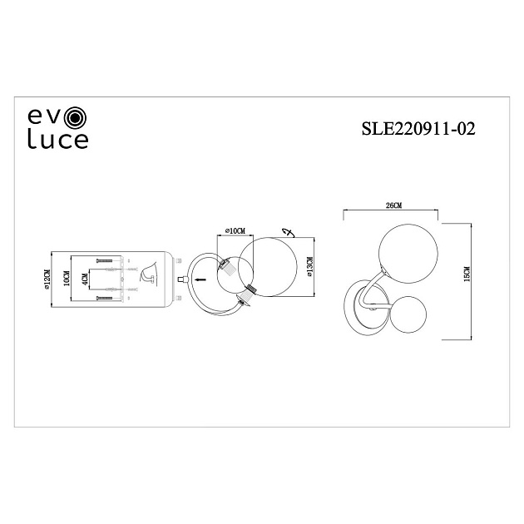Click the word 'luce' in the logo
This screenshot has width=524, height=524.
[x=58, y=139]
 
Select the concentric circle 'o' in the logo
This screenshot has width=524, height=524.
[x=75, y=116]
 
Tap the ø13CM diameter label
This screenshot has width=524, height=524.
[x=309, y=273]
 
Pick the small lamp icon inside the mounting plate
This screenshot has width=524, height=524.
[x=148, y=270]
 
